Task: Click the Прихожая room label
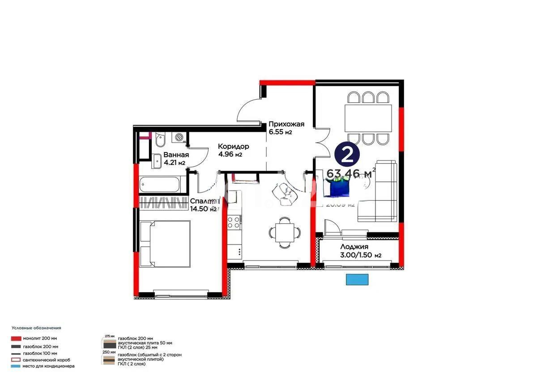[x=286, y=124]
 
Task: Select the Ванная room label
[x=176, y=155]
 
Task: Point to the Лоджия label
[x=354, y=247]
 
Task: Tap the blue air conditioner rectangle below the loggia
[x=357, y=279]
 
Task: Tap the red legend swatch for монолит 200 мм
[x=17, y=339]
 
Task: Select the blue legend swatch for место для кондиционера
[x=17, y=366]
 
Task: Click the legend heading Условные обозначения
[x=36, y=328]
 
